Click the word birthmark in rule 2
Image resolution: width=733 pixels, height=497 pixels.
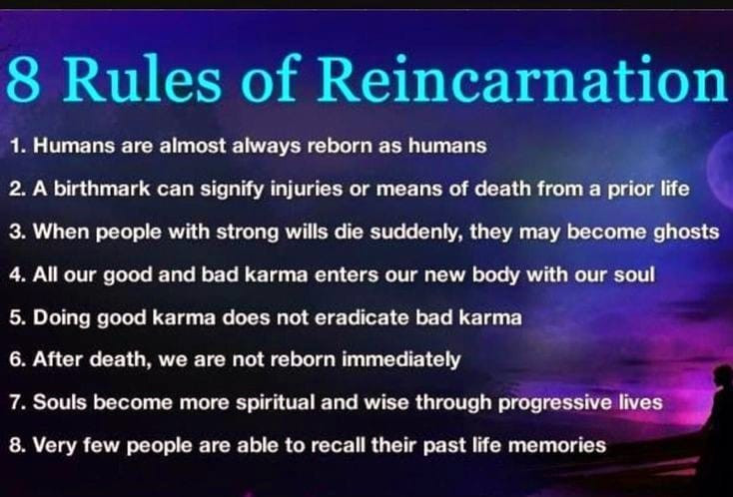102,189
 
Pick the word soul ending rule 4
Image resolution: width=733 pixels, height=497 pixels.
634,274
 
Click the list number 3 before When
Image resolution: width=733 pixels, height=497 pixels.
17,233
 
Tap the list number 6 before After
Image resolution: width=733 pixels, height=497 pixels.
17,360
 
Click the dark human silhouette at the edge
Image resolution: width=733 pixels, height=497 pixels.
719,420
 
